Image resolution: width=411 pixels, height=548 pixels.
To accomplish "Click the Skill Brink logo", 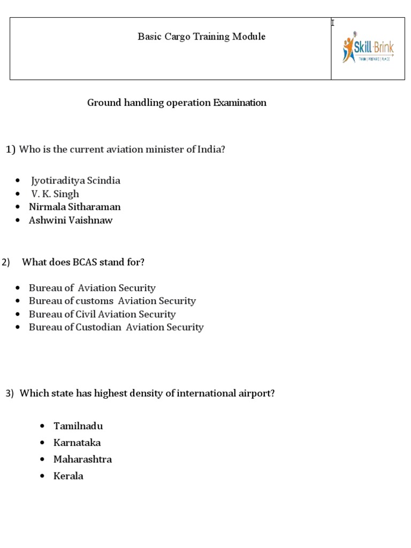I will (368, 49).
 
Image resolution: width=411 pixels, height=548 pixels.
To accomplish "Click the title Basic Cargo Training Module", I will (201, 37).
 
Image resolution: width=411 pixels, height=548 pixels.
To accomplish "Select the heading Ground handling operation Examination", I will (177, 103).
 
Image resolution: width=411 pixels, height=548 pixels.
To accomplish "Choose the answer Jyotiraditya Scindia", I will (75, 181).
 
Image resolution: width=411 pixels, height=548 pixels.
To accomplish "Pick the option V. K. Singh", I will (55, 194).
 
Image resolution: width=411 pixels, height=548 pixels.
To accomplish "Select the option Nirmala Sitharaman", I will (74, 207).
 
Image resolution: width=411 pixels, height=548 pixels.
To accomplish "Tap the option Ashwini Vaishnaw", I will (71, 220).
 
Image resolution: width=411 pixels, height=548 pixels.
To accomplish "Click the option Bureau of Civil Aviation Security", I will (102, 314).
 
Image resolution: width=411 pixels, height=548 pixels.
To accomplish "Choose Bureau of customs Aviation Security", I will (112, 301).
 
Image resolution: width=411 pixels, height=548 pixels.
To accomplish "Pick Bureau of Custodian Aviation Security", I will (116, 328).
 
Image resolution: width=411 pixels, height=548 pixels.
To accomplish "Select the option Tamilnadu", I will (78, 427).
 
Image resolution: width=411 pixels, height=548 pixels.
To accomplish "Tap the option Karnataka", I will (77, 443).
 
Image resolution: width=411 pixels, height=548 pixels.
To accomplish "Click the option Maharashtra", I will (82, 460).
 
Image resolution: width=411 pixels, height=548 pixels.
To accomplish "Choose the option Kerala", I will (68, 476).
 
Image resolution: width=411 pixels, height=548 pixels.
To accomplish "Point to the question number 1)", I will (11, 150).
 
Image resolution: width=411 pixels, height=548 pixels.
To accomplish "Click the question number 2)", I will (6, 262).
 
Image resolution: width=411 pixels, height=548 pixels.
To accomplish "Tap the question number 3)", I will (10, 394).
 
